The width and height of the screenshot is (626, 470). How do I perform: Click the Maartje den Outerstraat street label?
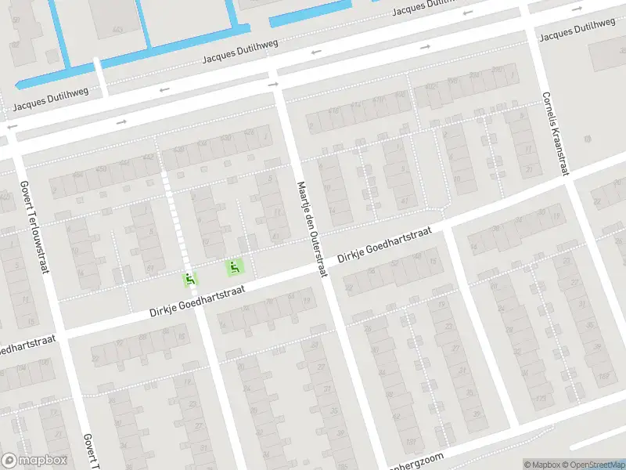click(310, 229)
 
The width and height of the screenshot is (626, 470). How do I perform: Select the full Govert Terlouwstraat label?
click(34, 228)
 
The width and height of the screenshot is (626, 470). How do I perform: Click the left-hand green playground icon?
click(190, 278)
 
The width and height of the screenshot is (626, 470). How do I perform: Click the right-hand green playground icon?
click(233, 268)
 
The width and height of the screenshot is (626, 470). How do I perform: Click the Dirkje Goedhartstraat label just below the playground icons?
click(197, 302)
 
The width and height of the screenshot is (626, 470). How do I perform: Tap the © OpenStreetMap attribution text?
click(592, 465)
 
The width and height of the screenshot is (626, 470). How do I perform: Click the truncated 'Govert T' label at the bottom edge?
click(89, 453)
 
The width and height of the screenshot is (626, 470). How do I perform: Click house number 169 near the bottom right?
click(603, 377)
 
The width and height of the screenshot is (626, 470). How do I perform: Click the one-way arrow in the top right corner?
click(577, 9)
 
